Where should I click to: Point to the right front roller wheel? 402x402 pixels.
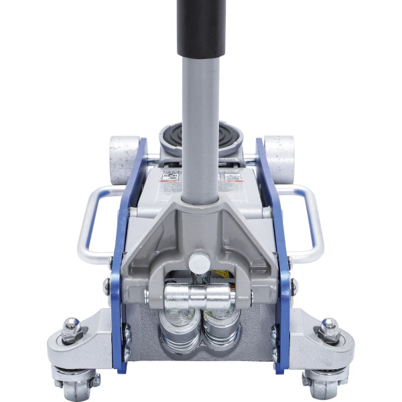(x=279, y=159)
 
